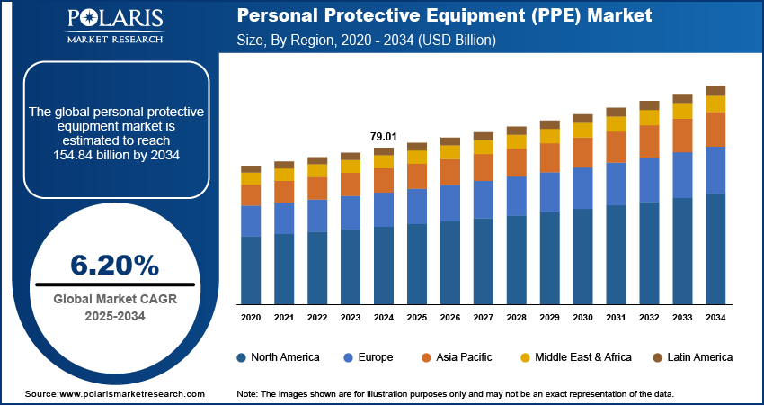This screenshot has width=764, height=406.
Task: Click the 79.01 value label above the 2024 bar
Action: pos(383,136)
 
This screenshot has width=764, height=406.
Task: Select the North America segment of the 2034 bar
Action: pos(715,248)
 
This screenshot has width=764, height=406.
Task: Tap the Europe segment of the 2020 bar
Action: pos(251,221)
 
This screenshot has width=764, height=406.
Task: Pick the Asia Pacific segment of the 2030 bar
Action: pos(583,152)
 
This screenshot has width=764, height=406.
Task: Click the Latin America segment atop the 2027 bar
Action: pos(484,136)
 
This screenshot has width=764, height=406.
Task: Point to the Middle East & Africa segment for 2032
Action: pos(649,117)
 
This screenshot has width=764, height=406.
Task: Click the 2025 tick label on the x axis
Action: pos(417,318)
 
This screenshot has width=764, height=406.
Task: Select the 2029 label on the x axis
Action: pos(549,318)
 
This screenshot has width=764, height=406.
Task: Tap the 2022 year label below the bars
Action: pos(317,318)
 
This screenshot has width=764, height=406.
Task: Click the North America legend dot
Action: pos(242,357)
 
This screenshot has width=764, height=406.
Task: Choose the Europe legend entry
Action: pos(370,357)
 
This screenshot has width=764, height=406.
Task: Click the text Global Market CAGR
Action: pos(113,299)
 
